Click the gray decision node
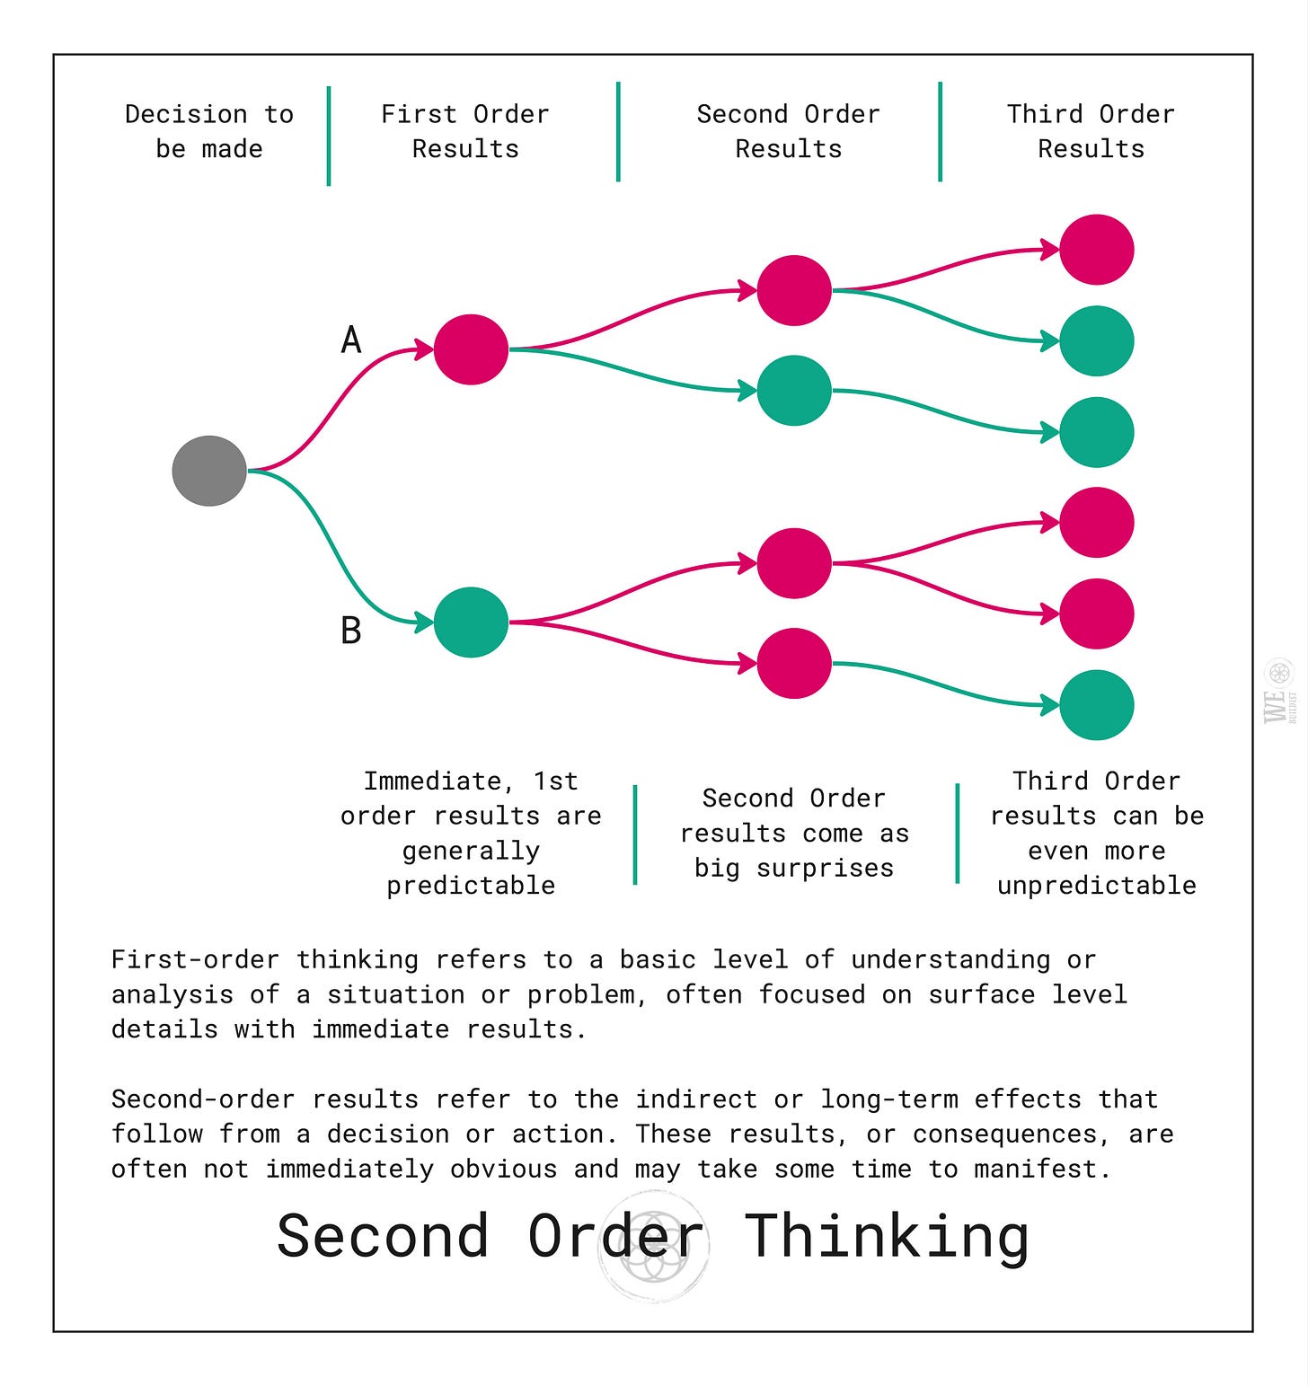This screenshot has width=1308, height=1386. (x=209, y=471)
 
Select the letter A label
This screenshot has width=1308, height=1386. (x=351, y=340)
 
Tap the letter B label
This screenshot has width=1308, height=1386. (x=351, y=630)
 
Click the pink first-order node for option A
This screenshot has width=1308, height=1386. (x=471, y=349)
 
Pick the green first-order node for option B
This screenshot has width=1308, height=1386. (x=471, y=622)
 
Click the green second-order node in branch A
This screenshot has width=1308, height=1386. (x=794, y=391)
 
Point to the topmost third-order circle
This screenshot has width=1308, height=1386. (x=1096, y=250)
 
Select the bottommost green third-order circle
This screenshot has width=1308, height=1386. (x=1096, y=705)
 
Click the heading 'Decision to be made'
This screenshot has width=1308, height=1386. (x=209, y=131)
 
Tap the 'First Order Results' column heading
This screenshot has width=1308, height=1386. (x=465, y=131)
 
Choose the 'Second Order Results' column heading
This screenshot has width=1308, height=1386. (x=788, y=131)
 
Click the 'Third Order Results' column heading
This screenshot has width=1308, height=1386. (x=1091, y=131)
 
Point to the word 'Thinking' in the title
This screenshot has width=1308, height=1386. (x=887, y=1236)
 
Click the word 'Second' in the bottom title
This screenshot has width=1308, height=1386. (x=383, y=1236)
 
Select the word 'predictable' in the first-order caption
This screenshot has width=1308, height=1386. (x=471, y=885)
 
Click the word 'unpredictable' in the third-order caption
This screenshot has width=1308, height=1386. (x=1096, y=885)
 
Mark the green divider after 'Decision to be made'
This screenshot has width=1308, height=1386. (x=329, y=136)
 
